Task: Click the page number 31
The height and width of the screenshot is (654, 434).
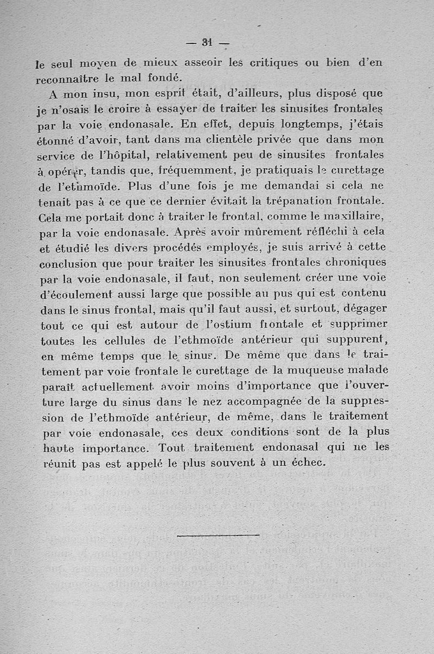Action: click(207, 42)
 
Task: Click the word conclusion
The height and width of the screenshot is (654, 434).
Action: click(73, 264)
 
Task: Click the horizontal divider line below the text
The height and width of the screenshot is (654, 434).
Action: click(218, 536)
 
